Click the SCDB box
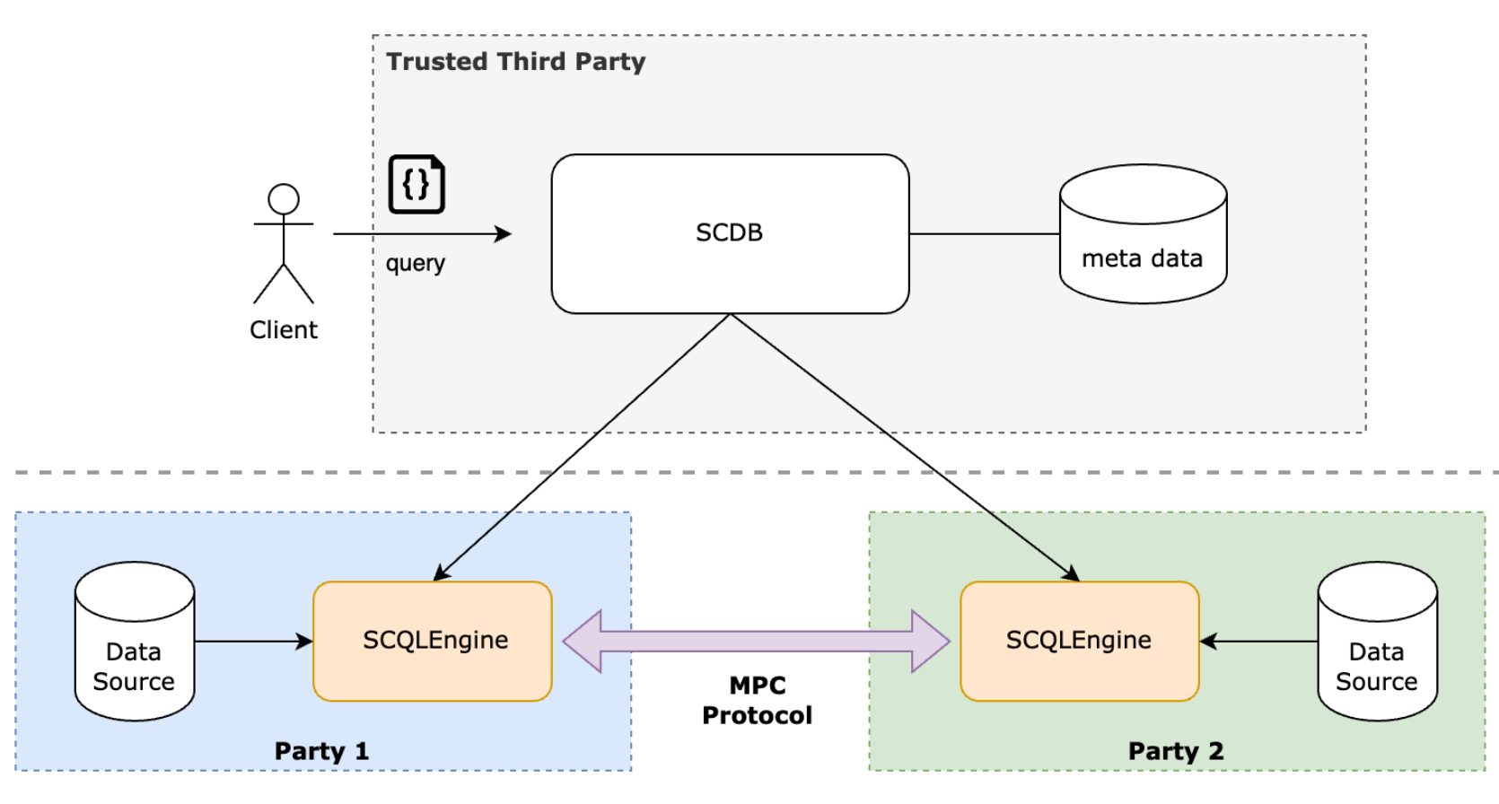pyautogui.click(x=730, y=233)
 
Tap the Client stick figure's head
pyautogui.click(x=284, y=199)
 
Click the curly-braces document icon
pyautogui.click(x=416, y=185)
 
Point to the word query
pyautogui.click(x=415, y=263)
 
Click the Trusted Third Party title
pyautogui.click(x=515, y=61)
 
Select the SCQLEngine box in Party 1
pyautogui.click(x=432, y=641)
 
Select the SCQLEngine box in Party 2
pyautogui.click(x=1079, y=641)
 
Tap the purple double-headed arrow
pyautogui.click(x=756, y=641)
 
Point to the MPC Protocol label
pyautogui.click(x=757, y=700)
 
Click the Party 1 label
pyautogui.click(x=321, y=751)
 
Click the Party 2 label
pyautogui.click(x=1176, y=751)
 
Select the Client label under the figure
pyautogui.click(x=284, y=330)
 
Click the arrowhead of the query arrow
pyautogui.click(x=504, y=234)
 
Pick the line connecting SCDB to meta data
pyautogui.click(x=984, y=234)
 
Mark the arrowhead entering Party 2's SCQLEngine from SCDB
pyautogui.click(x=1072, y=575)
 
